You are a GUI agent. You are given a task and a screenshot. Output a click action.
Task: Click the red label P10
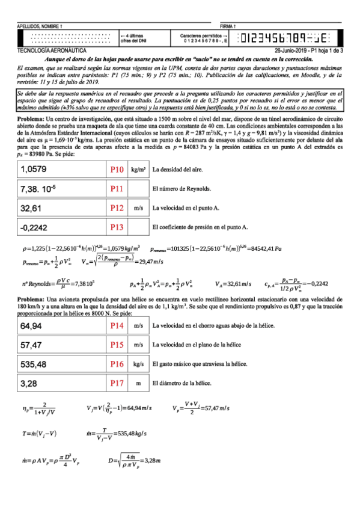[x=117, y=171]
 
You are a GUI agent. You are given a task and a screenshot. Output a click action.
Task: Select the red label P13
[x=117, y=227]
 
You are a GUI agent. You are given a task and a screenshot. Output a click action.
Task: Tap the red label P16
[x=117, y=364]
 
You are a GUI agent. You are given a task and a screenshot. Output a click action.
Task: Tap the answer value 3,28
[x=28, y=383]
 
